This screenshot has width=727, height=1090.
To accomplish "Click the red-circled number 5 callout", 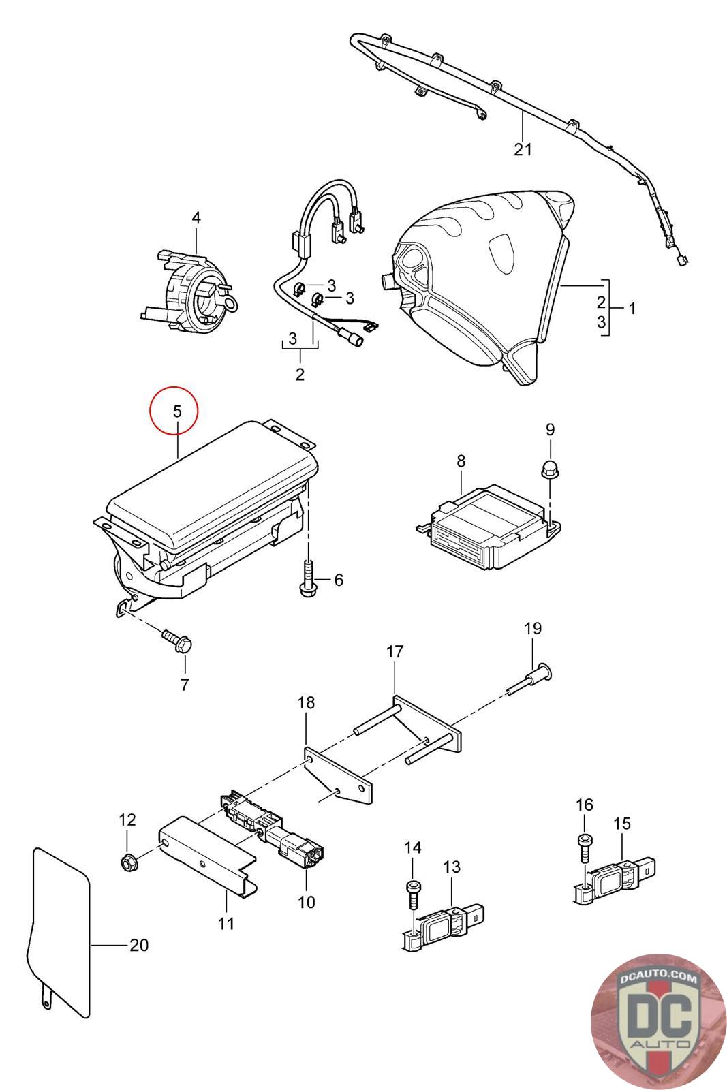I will [176, 411].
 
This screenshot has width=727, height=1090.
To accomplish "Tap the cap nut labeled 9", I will [550, 468].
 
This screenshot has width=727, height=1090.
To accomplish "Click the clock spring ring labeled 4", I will [194, 289].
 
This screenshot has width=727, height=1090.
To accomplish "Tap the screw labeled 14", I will [413, 892].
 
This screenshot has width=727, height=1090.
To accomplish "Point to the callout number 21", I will [523, 149].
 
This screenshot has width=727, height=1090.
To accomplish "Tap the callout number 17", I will [395, 652].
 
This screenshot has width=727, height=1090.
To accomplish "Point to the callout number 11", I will [226, 924].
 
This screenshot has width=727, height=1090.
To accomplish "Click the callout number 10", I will [307, 902].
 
